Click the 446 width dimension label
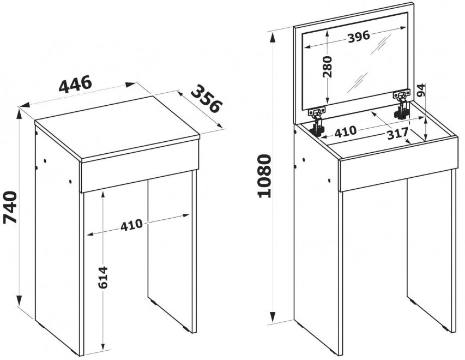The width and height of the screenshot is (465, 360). [x=75, y=84]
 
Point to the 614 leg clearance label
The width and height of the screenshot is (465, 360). [x=102, y=277]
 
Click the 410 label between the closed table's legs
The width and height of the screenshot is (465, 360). [x=131, y=224]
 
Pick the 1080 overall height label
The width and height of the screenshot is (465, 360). [x=264, y=176]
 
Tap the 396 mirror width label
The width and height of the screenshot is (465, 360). [x=359, y=37]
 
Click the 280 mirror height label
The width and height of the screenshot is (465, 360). [x=328, y=67]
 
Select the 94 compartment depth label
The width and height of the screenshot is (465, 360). [x=421, y=90]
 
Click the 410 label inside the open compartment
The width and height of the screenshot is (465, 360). [x=345, y=131]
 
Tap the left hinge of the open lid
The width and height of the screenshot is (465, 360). [x=317, y=122]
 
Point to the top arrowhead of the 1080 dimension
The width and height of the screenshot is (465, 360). [x=272, y=38]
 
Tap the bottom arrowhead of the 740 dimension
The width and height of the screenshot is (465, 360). [x=19, y=300]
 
